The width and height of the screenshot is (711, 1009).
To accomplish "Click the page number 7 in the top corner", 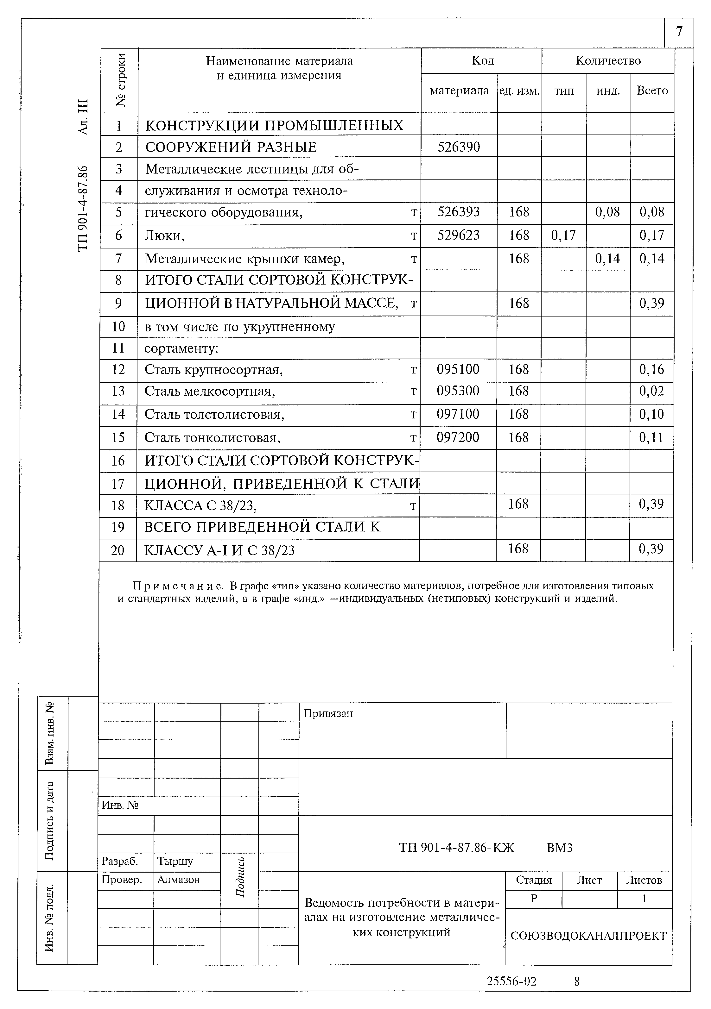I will [x=679, y=32].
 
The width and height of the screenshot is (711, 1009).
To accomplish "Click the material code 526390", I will [x=459, y=147].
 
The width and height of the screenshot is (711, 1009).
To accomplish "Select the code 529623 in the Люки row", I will [x=459, y=235].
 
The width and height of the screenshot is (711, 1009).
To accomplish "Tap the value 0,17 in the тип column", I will [x=563, y=235].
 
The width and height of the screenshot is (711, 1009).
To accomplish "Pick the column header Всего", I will [x=652, y=91].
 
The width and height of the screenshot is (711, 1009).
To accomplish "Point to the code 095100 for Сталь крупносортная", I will [x=458, y=369].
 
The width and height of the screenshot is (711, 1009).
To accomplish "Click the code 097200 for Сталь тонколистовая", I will [x=458, y=437].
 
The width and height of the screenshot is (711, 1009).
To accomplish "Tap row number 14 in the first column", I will [x=118, y=414].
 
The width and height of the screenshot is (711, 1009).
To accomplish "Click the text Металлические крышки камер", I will [x=244, y=259].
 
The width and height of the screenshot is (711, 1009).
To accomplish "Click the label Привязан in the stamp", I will [x=328, y=713].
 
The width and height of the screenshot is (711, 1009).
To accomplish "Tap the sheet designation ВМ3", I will [x=559, y=848].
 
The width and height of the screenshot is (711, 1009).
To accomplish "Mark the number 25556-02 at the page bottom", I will [x=511, y=981].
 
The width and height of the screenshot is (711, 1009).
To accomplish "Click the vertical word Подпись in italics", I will [x=240, y=878].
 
